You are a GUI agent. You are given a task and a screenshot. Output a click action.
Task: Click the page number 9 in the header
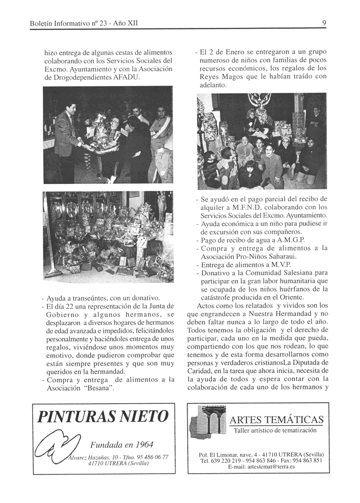pos(324,23)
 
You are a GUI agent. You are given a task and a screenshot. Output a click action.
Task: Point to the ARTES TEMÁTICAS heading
pos(276,420)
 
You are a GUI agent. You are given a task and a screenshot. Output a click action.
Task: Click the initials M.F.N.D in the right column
pos(258,207)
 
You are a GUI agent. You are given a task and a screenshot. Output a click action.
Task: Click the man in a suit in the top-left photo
pos(67,135)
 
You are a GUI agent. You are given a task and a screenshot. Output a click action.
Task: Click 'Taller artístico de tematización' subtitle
pos(275,430)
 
